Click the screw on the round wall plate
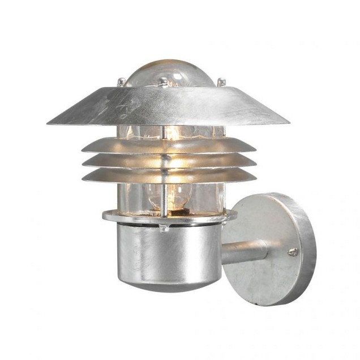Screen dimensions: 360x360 point(293,251)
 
